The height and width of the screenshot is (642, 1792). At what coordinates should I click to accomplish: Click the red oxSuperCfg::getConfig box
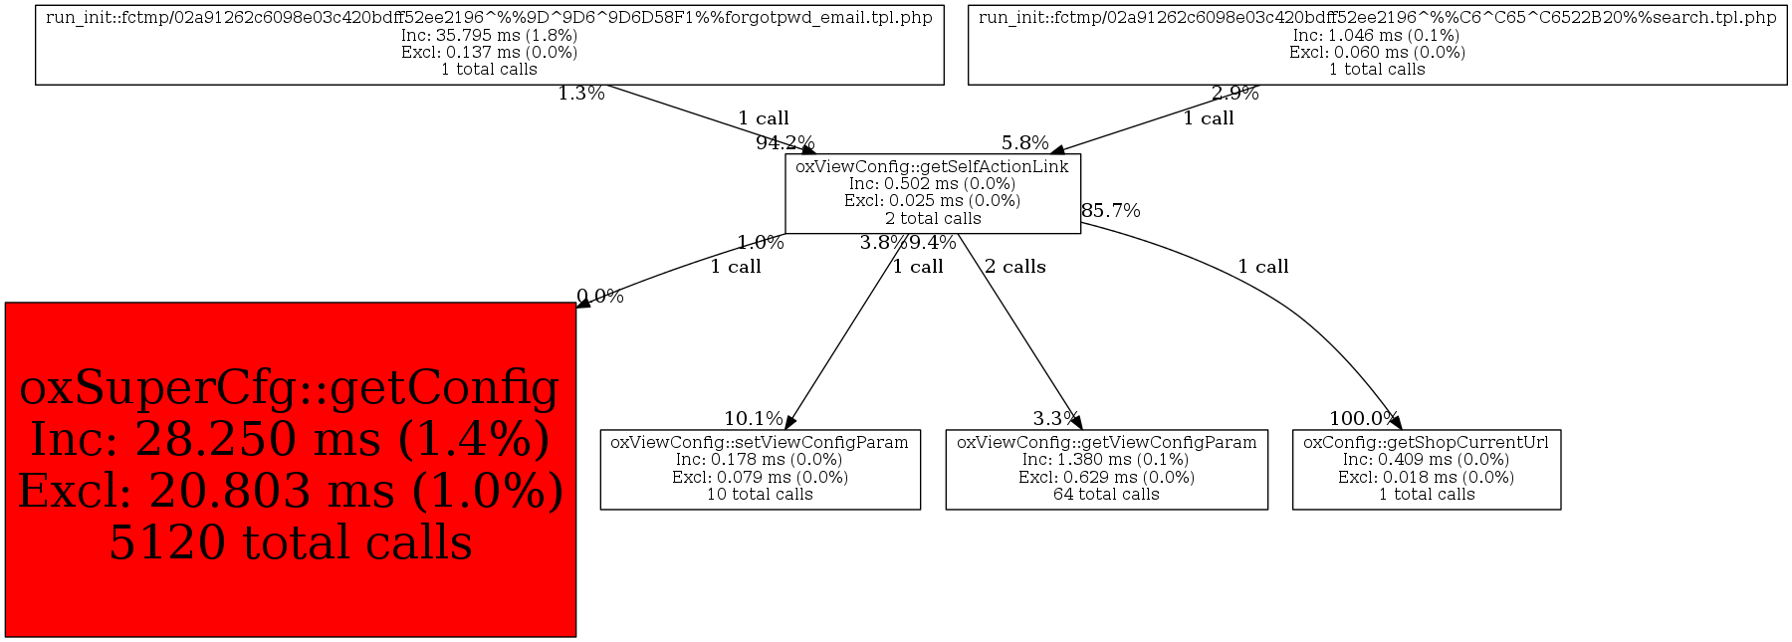coord(290,469)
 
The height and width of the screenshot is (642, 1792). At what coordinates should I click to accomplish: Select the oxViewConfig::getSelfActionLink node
coord(932,193)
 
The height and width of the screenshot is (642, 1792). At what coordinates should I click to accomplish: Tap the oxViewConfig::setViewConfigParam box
coord(760,469)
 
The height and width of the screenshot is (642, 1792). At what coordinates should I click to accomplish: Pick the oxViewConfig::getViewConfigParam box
coord(1106,469)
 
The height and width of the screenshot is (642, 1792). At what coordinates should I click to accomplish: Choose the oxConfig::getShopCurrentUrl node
coord(1426,469)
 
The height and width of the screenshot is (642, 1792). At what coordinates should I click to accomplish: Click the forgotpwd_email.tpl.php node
coord(489,44)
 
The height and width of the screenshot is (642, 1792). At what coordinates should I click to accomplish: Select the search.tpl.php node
coord(1377,44)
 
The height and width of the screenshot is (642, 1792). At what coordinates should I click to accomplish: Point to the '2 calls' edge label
coord(1014,267)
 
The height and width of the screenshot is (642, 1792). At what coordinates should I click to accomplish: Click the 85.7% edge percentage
coord(1110,211)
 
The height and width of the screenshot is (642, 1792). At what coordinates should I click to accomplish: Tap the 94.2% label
coord(784,143)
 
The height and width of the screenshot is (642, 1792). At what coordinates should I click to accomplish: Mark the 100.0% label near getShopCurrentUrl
coord(1363,419)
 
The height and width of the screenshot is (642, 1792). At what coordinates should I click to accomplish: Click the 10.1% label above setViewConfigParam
coord(753,419)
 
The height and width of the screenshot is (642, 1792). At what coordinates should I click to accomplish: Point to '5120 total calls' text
coord(290,543)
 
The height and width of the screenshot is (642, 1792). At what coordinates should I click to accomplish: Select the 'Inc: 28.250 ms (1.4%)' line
coord(290,440)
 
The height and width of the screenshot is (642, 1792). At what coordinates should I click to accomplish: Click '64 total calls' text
coord(1106,495)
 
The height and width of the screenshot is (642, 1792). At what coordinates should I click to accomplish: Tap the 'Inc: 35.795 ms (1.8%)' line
coord(489,35)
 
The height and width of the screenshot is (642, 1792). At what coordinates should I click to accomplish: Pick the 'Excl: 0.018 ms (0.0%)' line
coord(1426,478)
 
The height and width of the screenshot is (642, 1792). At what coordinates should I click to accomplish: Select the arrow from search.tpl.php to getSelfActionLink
coord(1155,118)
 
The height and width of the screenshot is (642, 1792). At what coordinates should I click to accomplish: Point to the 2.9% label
coord(1234,95)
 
